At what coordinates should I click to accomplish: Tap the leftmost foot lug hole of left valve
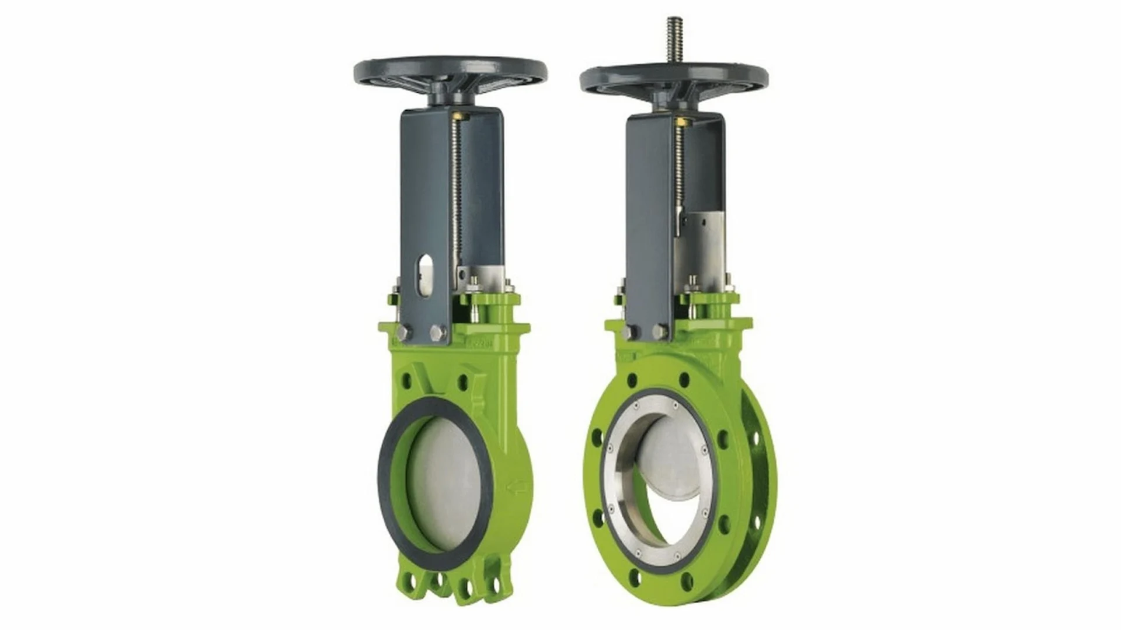(408, 584)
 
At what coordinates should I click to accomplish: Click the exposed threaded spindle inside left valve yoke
(458, 192)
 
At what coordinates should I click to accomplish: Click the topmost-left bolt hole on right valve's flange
(632, 380)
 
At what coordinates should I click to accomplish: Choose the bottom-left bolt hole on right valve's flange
(635, 579)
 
